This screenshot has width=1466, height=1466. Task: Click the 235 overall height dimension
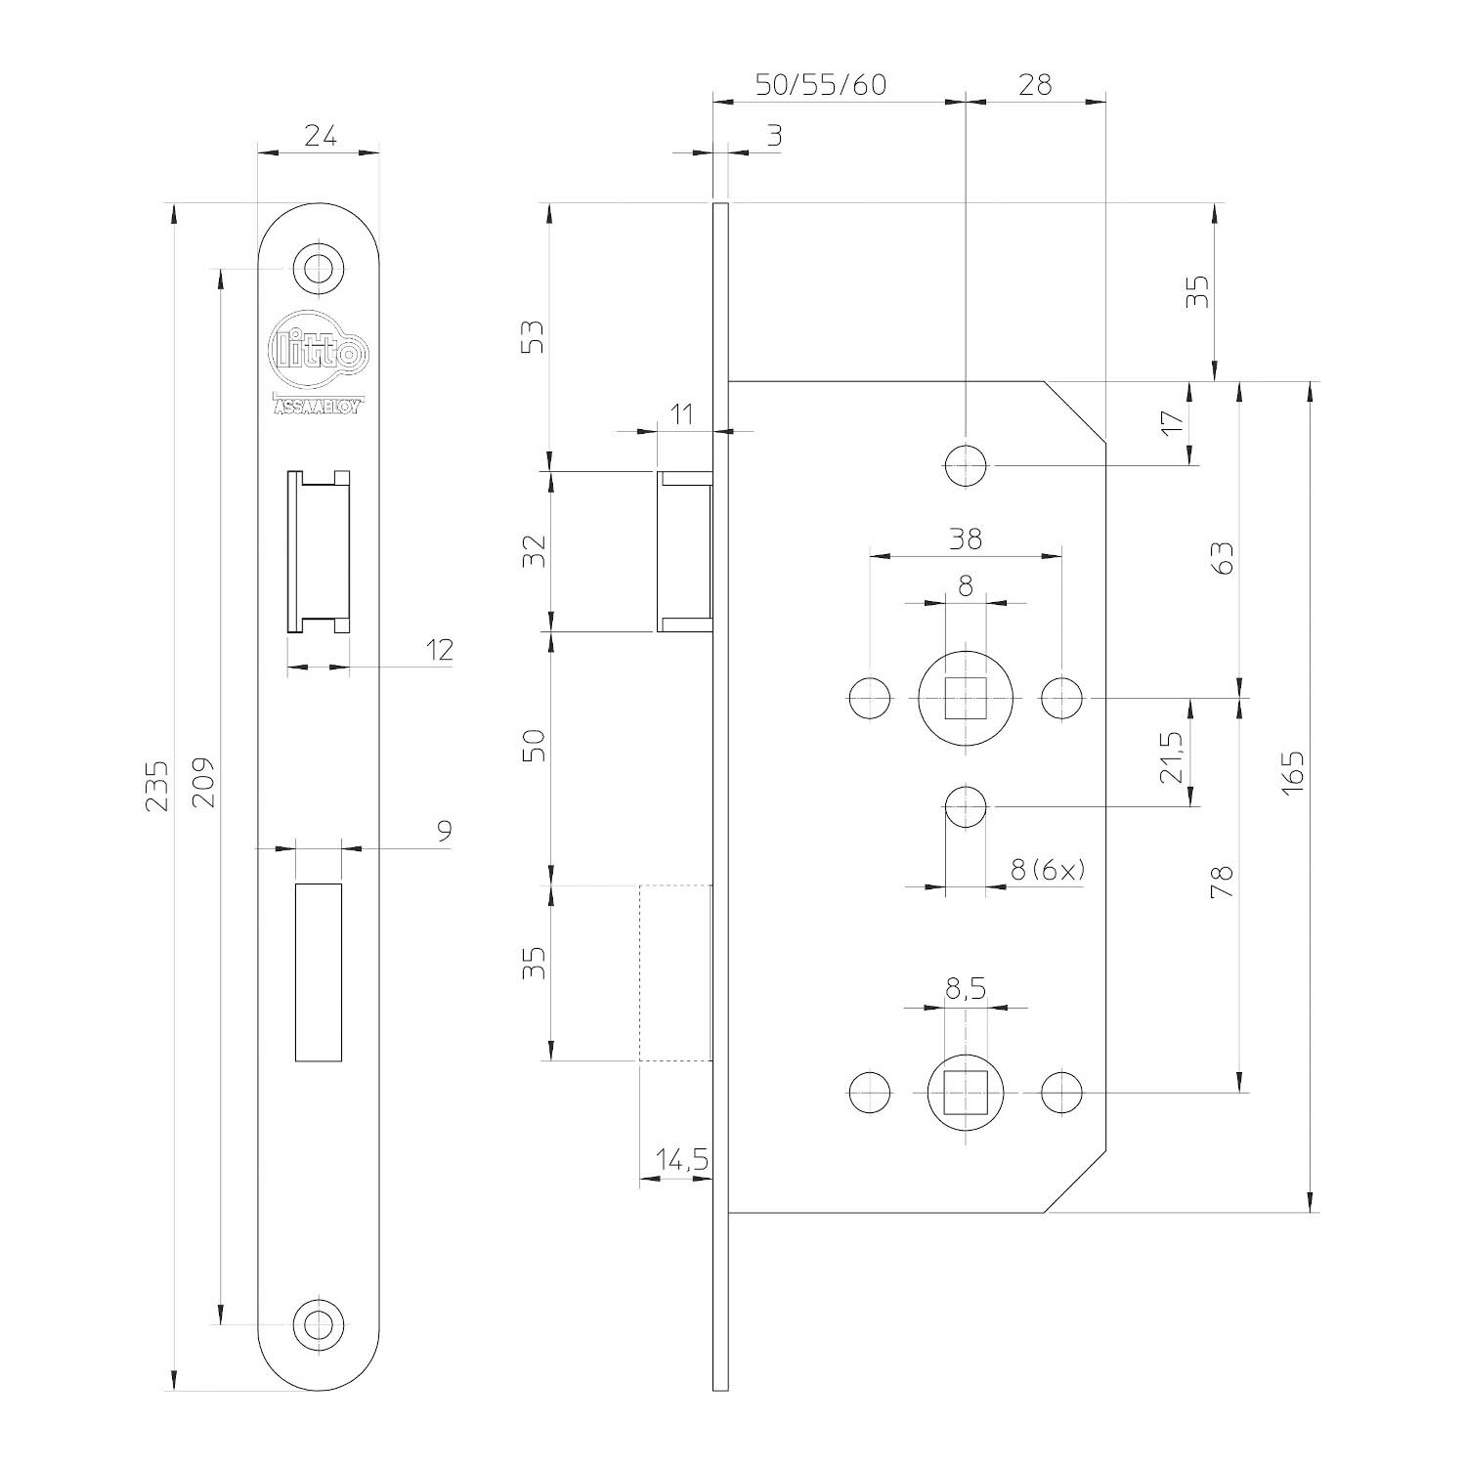pos(157,785)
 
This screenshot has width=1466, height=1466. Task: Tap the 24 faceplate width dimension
pos(320,136)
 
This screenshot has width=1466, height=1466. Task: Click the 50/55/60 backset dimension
pos(822,85)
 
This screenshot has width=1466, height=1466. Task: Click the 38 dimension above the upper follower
pos(966,538)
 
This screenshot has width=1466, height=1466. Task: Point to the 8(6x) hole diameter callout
pos(1048,870)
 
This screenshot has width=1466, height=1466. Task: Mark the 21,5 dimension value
pos(1172,756)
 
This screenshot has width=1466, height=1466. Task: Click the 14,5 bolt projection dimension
pos(681,1160)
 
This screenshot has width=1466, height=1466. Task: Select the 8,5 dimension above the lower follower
pos(966,990)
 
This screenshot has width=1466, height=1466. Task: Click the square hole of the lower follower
pos(966,1092)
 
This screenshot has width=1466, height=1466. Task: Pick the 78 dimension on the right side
pos(1223,882)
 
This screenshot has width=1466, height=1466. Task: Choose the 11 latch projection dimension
pos(682,413)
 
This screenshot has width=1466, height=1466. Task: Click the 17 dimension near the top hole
pos(1172,422)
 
